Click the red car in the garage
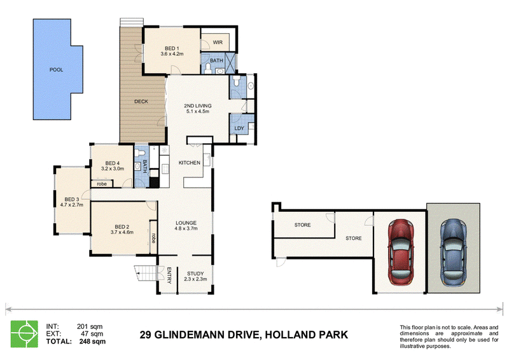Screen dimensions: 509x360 [x=401, y=252]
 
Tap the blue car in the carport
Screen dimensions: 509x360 [x=453, y=253]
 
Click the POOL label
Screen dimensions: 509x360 [x=56, y=70]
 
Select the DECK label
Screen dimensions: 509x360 [x=141, y=102]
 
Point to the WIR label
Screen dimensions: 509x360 [x=218, y=43]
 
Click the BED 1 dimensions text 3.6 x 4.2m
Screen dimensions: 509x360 [x=172, y=54]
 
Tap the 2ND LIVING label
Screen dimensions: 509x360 [x=198, y=106]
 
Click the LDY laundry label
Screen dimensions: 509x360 [x=239, y=128]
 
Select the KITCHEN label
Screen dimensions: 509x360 [x=190, y=163]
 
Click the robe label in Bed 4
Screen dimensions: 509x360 [x=102, y=184]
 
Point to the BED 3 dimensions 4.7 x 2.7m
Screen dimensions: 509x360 [x=72, y=205]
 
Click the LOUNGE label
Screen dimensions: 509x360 [x=186, y=223]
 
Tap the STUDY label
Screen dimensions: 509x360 [x=195, y=273]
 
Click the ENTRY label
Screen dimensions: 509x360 [x=169, y=275]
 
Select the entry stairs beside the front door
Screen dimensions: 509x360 [x=146, y=273]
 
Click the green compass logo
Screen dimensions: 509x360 [x=24, y=334]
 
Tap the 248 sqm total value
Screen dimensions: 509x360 [x=92, y=342]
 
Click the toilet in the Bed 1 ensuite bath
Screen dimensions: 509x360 [x=208, y=69]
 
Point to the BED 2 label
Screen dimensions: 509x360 [x=122, y=227]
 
